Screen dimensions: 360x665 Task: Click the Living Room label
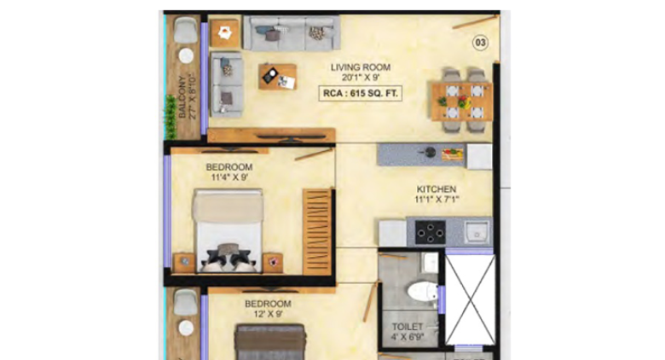click(x=361, y=66)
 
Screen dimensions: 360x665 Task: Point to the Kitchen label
click(x=436, y=189)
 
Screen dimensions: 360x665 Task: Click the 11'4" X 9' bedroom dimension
click(x=228, y=178)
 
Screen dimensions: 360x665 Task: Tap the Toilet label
click(x=408, y=325)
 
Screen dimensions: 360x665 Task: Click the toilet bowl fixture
click(x=419, y=290)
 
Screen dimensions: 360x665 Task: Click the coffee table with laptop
click(x=278, y=76)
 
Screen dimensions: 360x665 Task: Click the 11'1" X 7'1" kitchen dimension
click(x=436, y=200)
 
